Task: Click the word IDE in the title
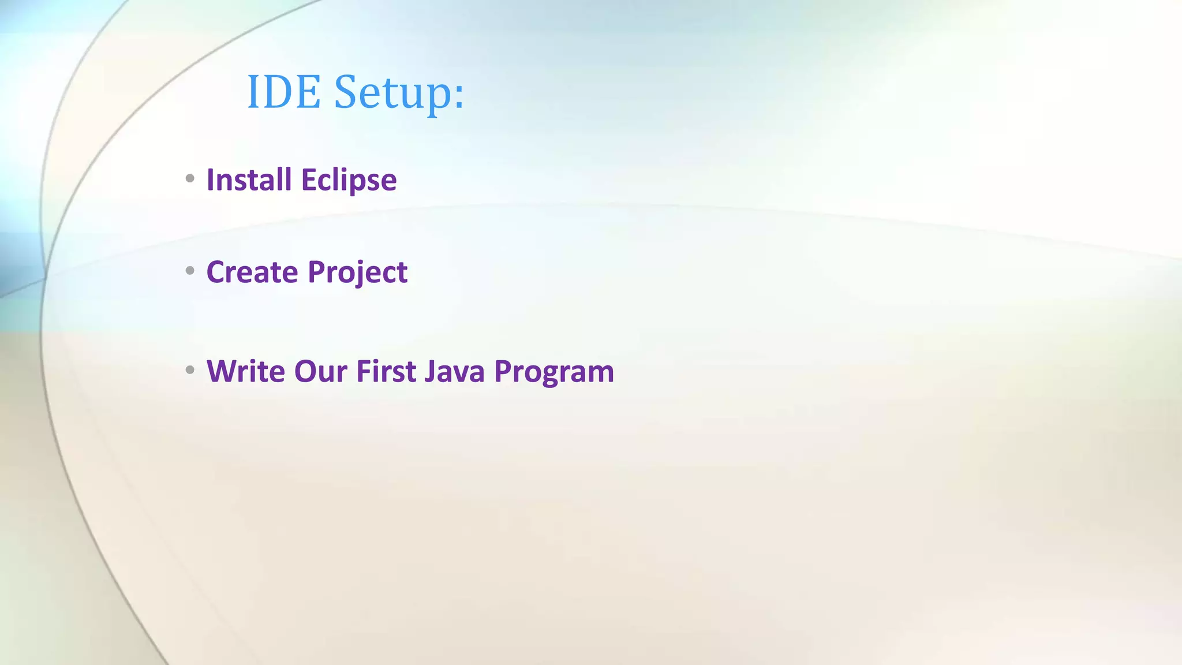[283, 92]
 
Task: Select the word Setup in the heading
[393, 93]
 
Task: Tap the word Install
[249, 180]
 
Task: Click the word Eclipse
[349, 181]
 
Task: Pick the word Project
[357, 273]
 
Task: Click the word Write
[245, 371]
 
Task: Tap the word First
[386, 371]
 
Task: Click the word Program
[554, 372]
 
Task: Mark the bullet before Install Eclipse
[190, 178]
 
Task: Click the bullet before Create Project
[190, 270]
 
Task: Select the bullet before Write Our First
[190, 369]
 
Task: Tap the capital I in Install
[210, 180]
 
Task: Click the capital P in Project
[317, 272]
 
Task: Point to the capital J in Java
[430, 371]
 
